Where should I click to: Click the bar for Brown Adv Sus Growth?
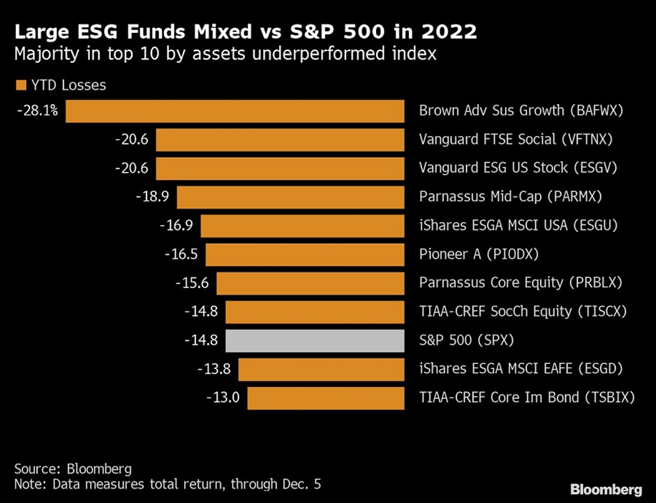pyautogui.click(x=235, y=111)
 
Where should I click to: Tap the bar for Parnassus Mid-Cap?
pyautogui.click(x=290, y=197)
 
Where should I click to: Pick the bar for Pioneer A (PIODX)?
pyautogui.click(x=305, y=254)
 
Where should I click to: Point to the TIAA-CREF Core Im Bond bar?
pyautogui.click(x=326, y=398)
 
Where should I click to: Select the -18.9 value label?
pyautogui.click(x=152, y=197)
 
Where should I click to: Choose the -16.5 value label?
pyautogui.click(x=181, y=254)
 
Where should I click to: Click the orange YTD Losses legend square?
pyautogui.click(x=20, y=85)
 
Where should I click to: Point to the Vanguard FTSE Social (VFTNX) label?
pyautogui.click(x=516, y=140)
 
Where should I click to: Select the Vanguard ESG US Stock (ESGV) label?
pyautogui.click(x=518, y=168)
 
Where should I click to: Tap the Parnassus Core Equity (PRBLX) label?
pyautogui.click(x=521, y=283)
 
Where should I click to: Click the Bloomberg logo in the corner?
pyautogui.click(x=605, y=488)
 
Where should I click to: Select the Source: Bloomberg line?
pyautogui.click(x=73, y=468)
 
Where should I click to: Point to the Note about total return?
pyautogui.click(x=167, y=483)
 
